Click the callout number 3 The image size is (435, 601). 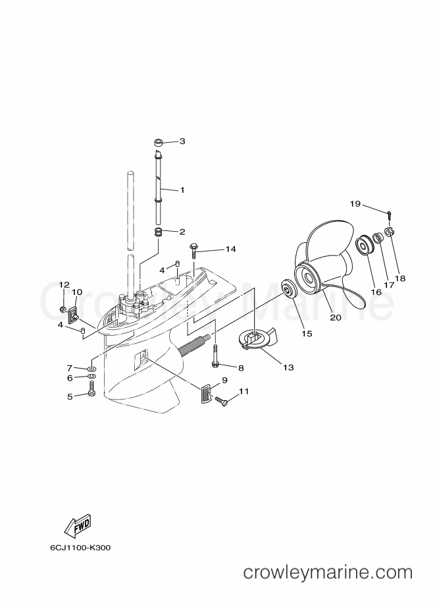[x=182, y=141]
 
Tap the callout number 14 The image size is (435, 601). [x=230, y=249]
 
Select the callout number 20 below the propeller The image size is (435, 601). [x=336, y=318]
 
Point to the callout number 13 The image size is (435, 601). [x=288, y=367]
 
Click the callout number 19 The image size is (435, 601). [x=355, y=203]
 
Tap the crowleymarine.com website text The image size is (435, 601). [x=328, y=573]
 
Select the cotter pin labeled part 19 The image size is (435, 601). [x=390, y=215]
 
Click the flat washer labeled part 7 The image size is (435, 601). [x=91, y=369]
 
